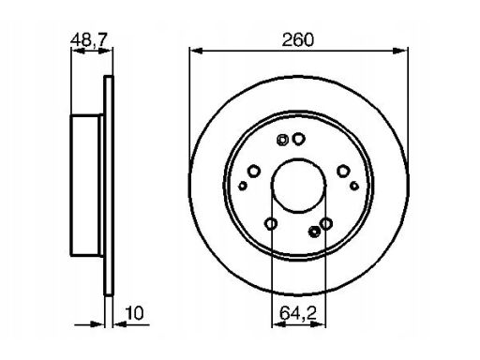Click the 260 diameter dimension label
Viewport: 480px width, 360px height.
pyautogui.click(x=297, y=40)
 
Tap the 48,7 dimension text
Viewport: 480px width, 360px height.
pyautogui.click(x=89, y=39)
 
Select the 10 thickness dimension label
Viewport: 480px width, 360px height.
pyautogui.click(x=134, y=313)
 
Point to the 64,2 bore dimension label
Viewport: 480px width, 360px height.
pyautogui.click(x=298, y=313)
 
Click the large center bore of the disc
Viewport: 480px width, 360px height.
pyautogui.click(x=298, y=186)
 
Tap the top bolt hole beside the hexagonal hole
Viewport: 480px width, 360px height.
pyautogui.click(x=299, y=139)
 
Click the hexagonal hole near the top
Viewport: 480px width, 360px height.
pyautogui.click(x=282, y=140)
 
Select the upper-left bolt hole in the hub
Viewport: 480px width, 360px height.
pyautogui.click(x=254, y=171)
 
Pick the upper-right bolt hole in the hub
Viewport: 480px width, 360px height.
pyautogui.click(x=343, y=171)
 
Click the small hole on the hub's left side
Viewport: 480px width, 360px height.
pyautogui.click(x=243, y=186)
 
